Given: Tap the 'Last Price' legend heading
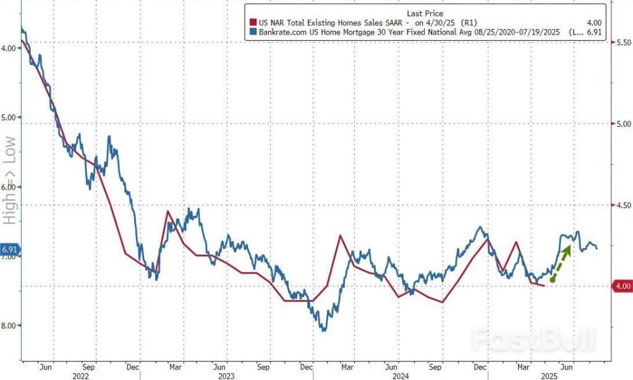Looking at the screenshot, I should point(424,13).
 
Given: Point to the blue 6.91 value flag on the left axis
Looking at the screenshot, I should point(11,251).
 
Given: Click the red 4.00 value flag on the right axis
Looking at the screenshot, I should point(621,286).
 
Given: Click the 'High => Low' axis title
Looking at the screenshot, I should point(9,179).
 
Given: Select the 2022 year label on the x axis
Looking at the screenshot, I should point(79,375).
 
